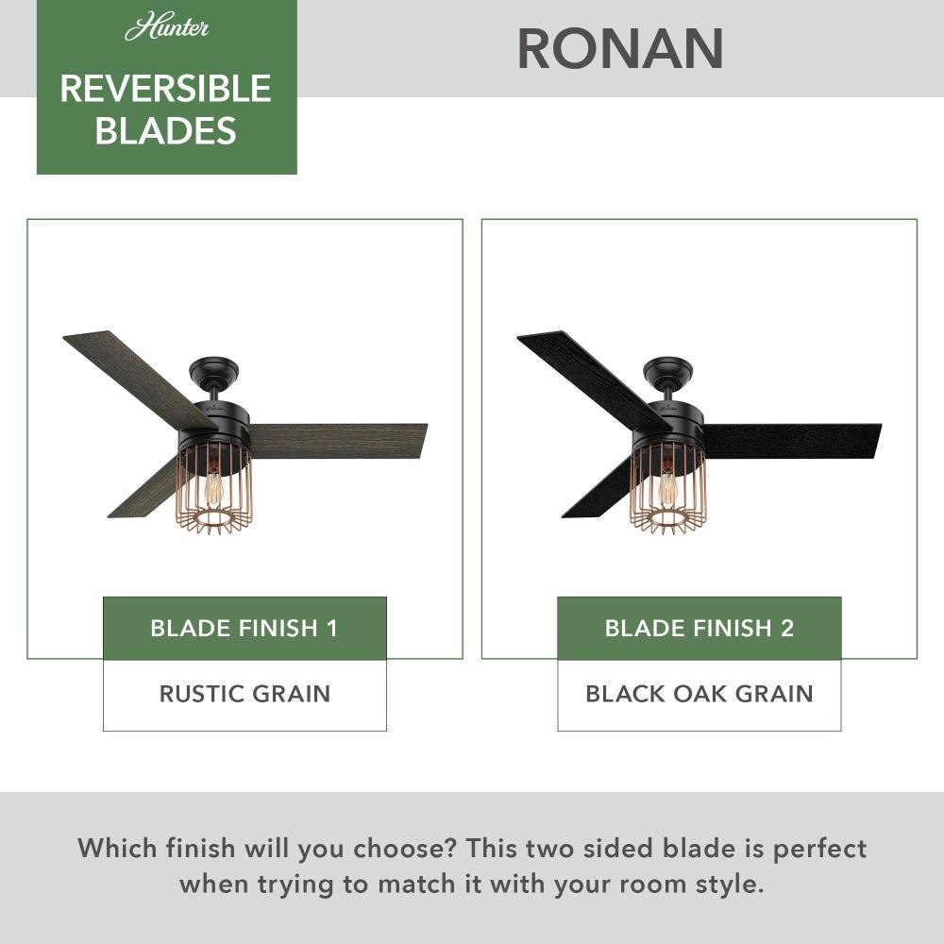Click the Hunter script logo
167,27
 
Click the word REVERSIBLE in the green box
165,89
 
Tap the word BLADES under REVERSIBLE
165,130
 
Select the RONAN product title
620,49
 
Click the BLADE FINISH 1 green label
244,628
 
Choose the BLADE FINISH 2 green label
699,628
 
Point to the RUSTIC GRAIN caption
244,694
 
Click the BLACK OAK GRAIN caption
699,694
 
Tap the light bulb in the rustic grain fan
212,483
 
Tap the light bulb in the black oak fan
667,483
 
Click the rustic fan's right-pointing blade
337,440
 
